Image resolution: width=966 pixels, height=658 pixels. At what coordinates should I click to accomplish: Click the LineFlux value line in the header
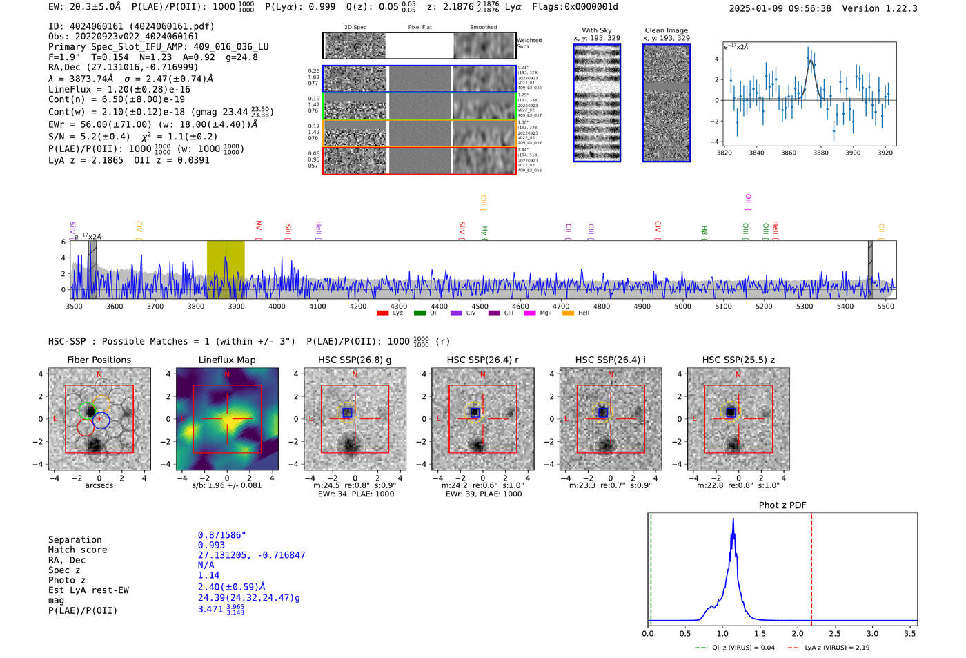pyautogui.click(x=119, y=89)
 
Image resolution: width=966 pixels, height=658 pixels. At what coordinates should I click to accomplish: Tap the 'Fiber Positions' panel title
pyautogui.click(x=99, y=360)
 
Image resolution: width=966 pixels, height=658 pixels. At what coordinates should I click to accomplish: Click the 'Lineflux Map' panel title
pyautogui.click(x=227, y=360)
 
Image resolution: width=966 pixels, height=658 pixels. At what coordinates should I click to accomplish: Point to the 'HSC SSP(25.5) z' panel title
pyautogui.click(x=738, y=360)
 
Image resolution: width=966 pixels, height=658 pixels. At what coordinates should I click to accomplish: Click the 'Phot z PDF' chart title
pyautogui.click(x=782, y=505)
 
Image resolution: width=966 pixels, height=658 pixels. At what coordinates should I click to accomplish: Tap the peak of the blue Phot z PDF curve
pyautogui.click(x=733, y=519)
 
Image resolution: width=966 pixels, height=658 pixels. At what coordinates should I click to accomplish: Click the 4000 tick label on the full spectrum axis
pyautogui.click(x=277, y=307)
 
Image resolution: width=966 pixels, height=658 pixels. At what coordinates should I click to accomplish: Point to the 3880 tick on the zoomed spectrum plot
pyautogui.click(x=820, y=153)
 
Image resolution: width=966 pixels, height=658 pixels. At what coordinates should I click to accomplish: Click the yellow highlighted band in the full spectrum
pyautogui.click(x=226, y=269)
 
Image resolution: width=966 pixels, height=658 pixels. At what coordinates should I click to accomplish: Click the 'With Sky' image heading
pyautogui.click(x=597, y=30)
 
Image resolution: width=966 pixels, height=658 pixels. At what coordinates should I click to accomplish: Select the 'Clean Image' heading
pyautogui.click(x=666, y=30)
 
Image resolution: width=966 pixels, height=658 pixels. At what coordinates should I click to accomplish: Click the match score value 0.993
pyautogui.click(x=211, y=545)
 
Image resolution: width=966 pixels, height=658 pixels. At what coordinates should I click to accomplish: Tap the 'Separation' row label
pyautogui.click(x=75, y=540)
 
